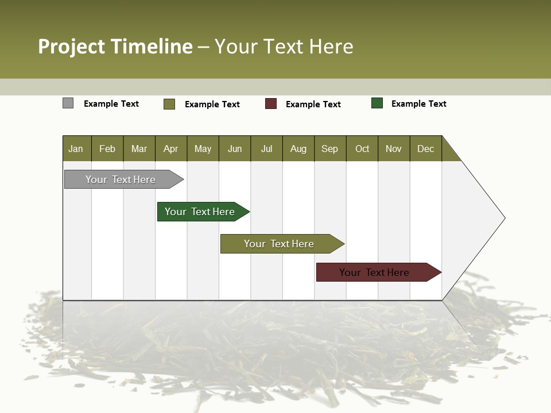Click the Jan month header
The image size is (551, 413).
coord(76,149)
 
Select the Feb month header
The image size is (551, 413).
coord(107,149)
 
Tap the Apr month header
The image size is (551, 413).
coord(170,149)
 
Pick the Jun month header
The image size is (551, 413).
coord(234,149)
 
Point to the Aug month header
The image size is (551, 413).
coord(298,149)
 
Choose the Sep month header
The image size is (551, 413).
coord(329,149)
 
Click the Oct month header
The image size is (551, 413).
coord(362,149)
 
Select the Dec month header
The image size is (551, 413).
coord(425,149)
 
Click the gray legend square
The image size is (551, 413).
coord(68,103)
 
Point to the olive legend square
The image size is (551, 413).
coord(169,104)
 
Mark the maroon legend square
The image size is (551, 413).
coord(271,104)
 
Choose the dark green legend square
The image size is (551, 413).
coord(377,103)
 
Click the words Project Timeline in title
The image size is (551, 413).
coord(115,46)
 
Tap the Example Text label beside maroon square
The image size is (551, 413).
coord(313,104)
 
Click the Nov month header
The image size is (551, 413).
coord(393,149)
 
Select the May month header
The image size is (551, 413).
coord(203,149)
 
